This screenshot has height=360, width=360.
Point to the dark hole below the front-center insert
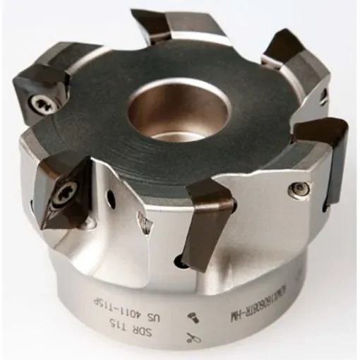pyautogui.click(x=182, y=263)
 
